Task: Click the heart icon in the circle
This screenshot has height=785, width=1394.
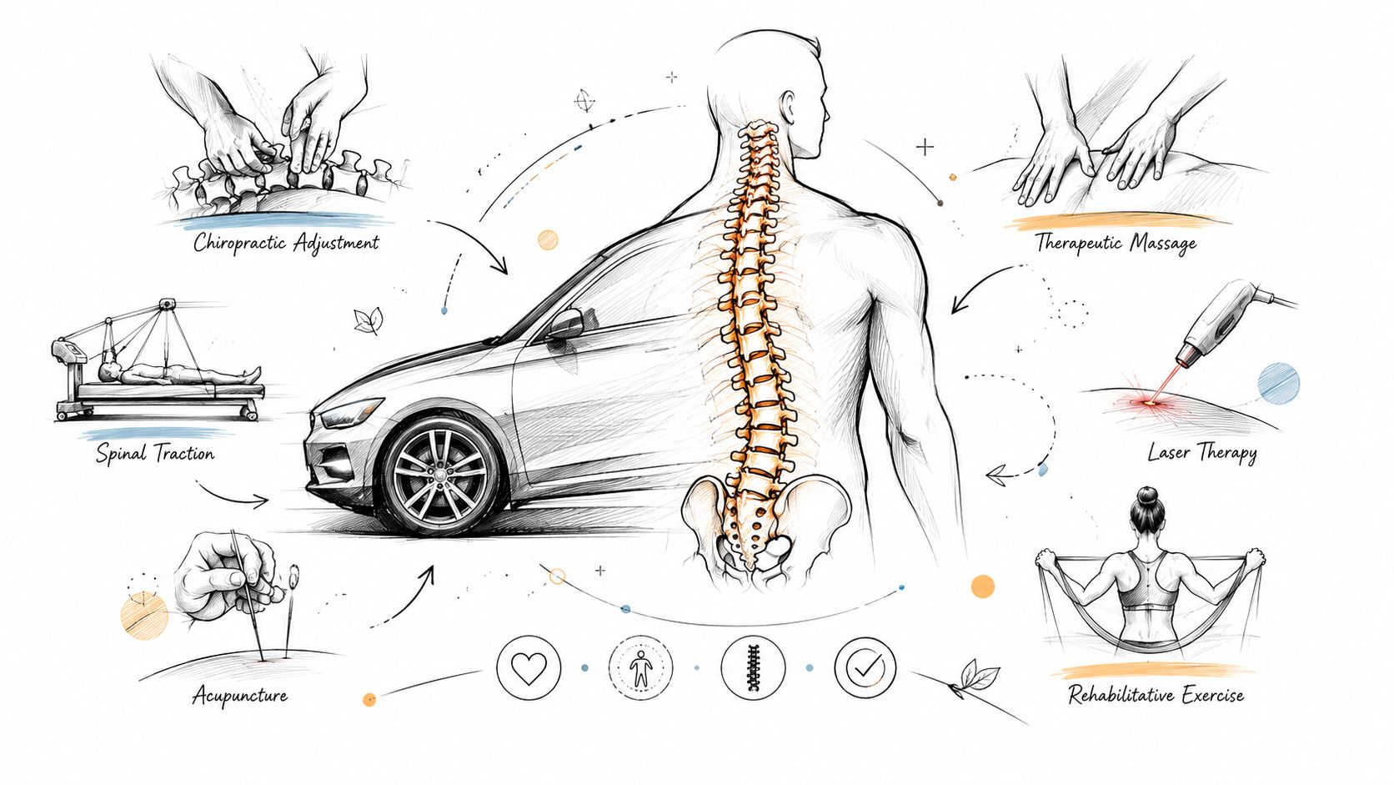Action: [529, 668]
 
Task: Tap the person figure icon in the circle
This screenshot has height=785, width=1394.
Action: [640, 668]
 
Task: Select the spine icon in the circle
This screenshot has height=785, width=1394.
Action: [753, 668]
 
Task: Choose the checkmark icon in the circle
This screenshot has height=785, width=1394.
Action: [865, 668]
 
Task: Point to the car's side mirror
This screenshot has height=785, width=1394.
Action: [565, 324]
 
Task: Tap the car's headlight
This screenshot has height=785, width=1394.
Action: [348, 413]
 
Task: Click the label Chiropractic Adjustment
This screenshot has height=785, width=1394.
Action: [286, 242]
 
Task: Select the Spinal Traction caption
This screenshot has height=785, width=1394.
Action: [155, 453]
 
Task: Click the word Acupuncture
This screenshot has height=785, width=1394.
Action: [240, 695]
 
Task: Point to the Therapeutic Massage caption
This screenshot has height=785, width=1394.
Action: [1116, 242]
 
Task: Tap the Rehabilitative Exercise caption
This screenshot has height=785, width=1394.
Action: [1156, 694]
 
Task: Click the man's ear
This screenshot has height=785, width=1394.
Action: [790, 107]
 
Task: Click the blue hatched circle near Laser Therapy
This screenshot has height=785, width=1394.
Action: [1279, 382]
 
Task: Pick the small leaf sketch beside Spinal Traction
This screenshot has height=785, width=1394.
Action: [367, 320]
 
